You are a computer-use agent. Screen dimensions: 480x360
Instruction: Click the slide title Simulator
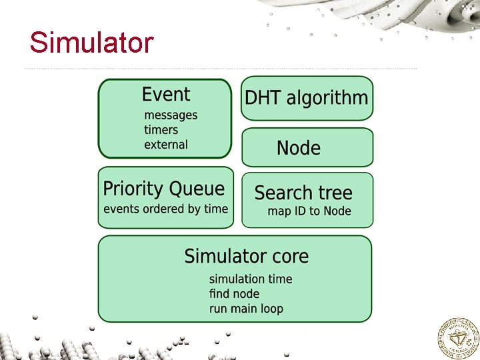point(91,43)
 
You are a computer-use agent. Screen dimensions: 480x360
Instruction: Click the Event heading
point(165,95)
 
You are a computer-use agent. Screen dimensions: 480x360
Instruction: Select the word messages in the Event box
point(171,115)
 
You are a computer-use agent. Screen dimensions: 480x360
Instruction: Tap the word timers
point(161,130)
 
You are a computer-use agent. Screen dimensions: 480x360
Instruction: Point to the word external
point(166,145)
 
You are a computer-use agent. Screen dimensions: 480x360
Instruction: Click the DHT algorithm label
point(306,98)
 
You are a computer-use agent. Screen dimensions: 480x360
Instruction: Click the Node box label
point(299,148)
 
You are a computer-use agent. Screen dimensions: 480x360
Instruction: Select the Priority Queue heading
point(163,189)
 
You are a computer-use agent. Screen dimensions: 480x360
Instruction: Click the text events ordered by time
point(165,209)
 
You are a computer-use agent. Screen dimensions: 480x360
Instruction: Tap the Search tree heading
point(303,193)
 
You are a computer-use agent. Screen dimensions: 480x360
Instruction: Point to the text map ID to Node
point(309,211)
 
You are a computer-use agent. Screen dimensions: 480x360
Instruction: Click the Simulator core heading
point(246,256)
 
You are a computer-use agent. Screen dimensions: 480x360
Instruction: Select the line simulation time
point(251,279)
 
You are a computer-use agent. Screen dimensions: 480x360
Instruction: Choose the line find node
point(234,293)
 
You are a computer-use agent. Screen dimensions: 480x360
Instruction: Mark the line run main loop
point(246,309)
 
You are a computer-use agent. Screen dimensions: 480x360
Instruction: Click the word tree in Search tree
point(335,193)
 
